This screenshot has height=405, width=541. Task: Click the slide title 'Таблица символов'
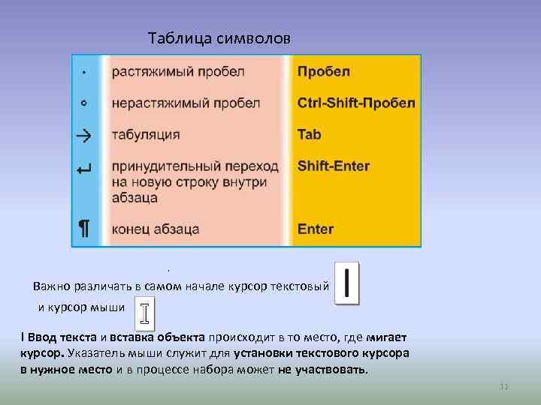pyautogui.click(x=218, y=37)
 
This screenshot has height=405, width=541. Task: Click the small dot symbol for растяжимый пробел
pyautogui.click(x=83, y=72)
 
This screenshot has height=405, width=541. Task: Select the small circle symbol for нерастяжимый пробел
pyautogui.click(x=83, y=103)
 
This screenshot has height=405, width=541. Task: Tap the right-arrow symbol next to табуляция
pyautogui.click(x=83, y=135)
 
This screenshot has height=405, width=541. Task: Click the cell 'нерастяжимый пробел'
pyautogui.click(x=186, y=103)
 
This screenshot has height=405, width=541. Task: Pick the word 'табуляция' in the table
pyautogui.click(x=146, y=135)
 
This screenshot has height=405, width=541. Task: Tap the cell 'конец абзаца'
pyautogui.click(x=156, y=229)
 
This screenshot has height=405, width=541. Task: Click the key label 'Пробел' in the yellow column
pyautogui.click(x=324, y=72)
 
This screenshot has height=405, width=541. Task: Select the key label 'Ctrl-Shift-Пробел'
pyautogui.click(x=356, y=103)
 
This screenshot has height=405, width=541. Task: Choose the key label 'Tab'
pyautogui.click(x=310, y=135)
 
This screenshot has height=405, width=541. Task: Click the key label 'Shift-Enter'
pyautogui.click(x=334, y=166)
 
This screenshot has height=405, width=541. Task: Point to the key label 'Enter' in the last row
pyautogui.click(x=316, y=229)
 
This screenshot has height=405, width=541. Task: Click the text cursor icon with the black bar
pyautogui.click(x=346, y=284)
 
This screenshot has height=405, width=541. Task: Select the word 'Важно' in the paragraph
pyautogui.click(x=52, y=286)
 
